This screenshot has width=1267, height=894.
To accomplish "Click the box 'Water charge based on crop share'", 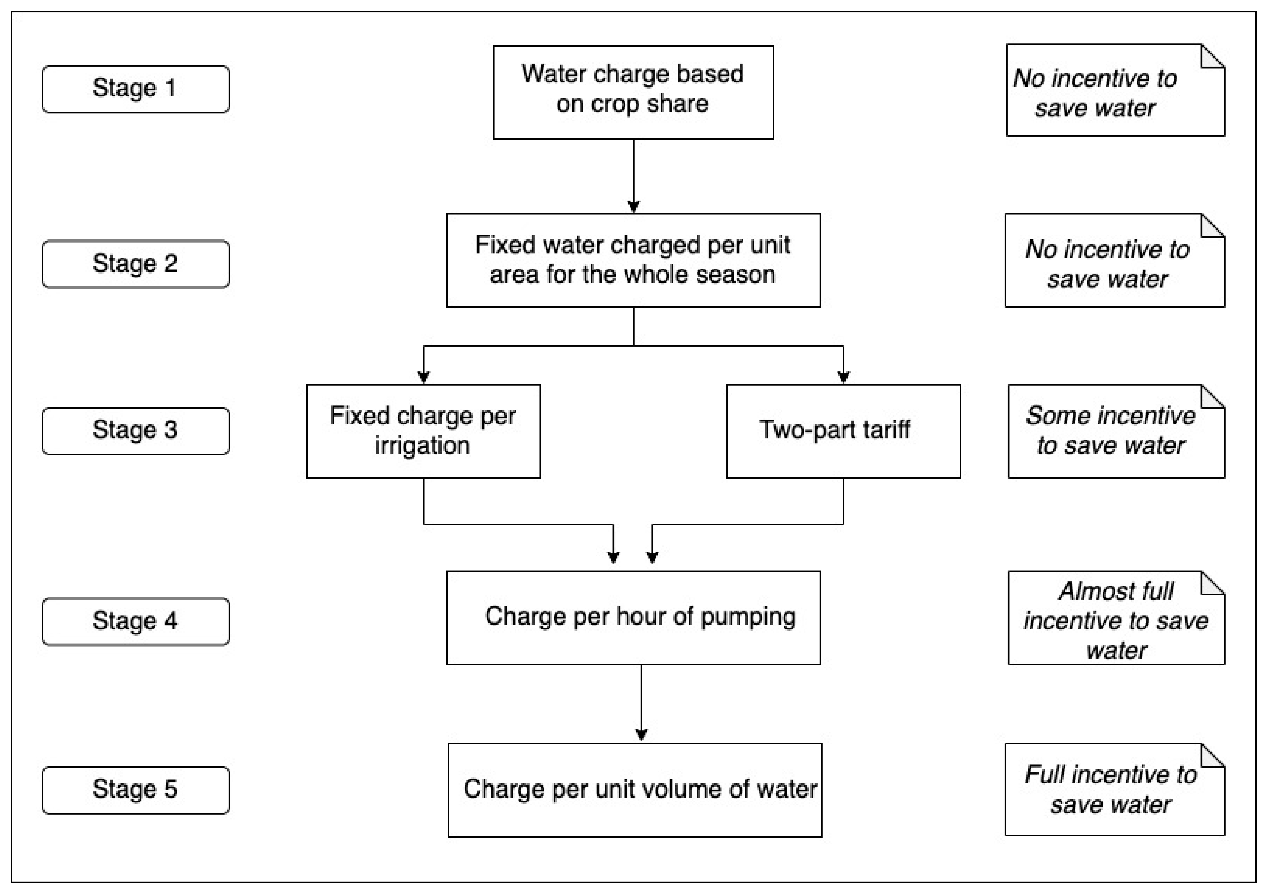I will click(633, 92).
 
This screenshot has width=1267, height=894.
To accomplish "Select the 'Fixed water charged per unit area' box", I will click(633, 260).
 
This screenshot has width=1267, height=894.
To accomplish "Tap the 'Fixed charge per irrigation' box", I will click(423, 431).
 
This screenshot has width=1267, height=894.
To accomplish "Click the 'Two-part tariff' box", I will click(843, 431).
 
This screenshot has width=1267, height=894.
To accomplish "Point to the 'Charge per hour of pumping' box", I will click(633, 617).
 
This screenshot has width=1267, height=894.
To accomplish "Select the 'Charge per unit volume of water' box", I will click(635, 790).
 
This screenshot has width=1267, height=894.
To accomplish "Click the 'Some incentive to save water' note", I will click(1115, 431).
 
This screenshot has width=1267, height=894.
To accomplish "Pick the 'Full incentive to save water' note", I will click(1114, 790).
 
